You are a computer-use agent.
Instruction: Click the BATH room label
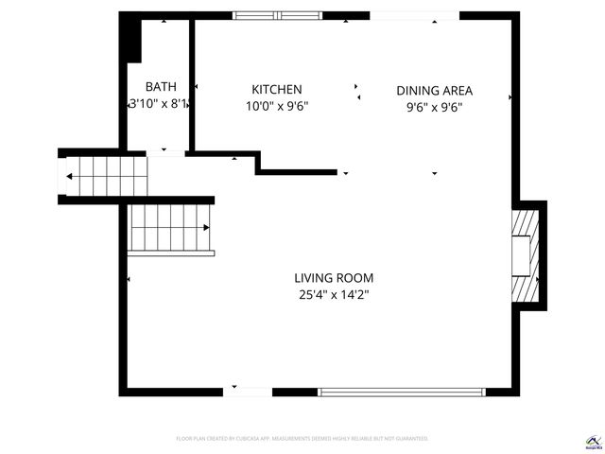tap(160, 86)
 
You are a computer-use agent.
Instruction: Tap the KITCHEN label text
tap(276, 88)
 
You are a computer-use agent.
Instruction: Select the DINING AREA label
tap(434, 91)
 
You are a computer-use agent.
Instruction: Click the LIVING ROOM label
tap(334, 278)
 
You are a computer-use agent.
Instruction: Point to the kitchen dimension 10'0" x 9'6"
tap(276, 106)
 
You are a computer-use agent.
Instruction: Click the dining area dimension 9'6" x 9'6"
tap(434, 107)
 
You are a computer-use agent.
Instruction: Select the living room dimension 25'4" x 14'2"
tap(334, 295)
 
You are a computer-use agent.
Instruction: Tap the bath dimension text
tap(160, 104)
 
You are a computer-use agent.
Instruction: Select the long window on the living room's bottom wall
tap(404, 391)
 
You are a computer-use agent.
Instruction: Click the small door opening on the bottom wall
tap(248, 391)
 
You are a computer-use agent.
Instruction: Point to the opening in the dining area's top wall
tap(414, 15)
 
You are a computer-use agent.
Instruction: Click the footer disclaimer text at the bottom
tap(302, 439)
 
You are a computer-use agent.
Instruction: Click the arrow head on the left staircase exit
tap(69, 176)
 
